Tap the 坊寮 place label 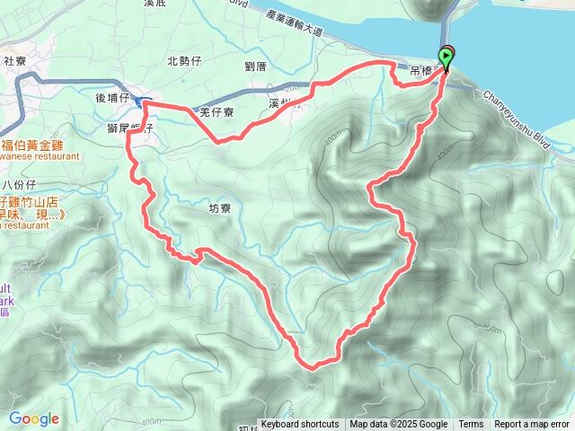coord(220,207)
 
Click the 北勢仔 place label coord(184,61)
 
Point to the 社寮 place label coord(15,61)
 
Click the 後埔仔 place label coord(113,98)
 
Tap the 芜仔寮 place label coord(217,112)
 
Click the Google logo coord(33,418)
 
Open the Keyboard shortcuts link coord(300,425)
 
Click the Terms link coord(471,425)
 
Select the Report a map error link coord(532,425)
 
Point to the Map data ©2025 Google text coord(398,425)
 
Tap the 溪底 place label coord(155,4)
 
